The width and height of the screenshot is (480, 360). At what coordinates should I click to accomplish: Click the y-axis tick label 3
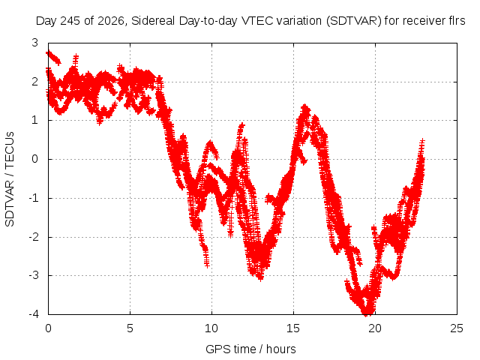tap(35, 43)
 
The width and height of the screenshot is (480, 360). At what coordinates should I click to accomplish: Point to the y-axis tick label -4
tap(34, 314)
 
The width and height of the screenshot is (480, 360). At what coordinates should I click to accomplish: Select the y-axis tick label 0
tap(35, 159)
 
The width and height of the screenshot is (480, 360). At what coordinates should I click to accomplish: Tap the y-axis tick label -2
tap(34, 237)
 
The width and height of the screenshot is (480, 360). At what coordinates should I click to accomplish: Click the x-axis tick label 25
tap(457, 328)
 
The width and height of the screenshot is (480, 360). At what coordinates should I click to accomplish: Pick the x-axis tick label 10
tap(211, 328)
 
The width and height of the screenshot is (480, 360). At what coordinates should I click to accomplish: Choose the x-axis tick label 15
tap(293, 328)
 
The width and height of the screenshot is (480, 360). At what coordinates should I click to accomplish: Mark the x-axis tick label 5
tap(130, 328)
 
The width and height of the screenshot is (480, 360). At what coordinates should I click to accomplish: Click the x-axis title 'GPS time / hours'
tap(250, 349)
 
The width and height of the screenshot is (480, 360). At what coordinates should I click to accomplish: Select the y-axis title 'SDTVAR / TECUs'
tap(10, 179)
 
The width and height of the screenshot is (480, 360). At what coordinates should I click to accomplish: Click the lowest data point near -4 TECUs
tap(366, 313)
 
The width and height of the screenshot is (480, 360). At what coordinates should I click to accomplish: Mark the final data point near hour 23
tap(422, 141)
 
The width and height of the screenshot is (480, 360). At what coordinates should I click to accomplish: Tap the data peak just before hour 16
tap(304, 106)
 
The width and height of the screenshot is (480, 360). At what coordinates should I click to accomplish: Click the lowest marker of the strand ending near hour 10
tap(207, 264)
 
